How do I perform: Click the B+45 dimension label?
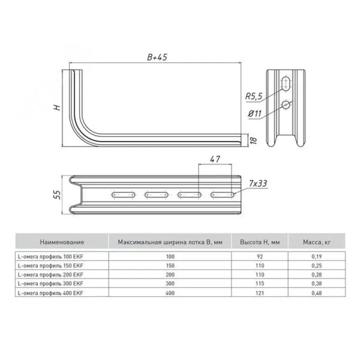(x=157, y=57)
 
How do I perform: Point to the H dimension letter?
(x=57, y=108)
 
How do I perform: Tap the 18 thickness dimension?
(x=253, y=139)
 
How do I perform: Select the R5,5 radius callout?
(x=254, y=96)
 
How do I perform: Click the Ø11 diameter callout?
(x=255, y=113)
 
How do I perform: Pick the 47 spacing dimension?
(x=215, y=159)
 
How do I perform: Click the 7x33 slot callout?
(x=258, y=184)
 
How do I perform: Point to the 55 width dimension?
(x=57, y=195)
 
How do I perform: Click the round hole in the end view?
(x=286, y=105)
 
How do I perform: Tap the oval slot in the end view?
(x=286, y=84)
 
